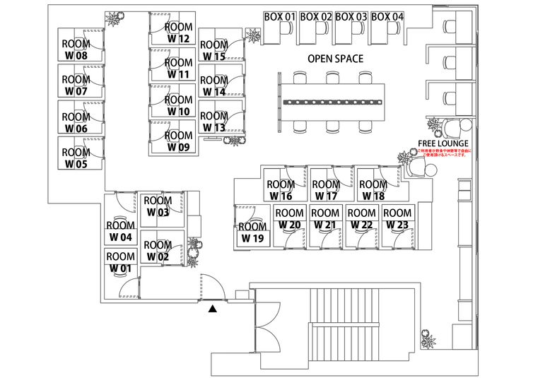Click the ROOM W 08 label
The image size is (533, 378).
[76, 49]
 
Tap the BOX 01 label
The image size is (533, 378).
[279, 16]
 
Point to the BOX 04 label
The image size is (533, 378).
[387, 16]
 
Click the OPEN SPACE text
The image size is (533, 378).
[335, 59]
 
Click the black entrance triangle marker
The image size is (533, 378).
[212, 307]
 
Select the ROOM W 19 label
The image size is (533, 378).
[252, 232]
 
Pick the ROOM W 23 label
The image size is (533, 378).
[397, 218]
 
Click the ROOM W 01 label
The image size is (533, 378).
[120, 262]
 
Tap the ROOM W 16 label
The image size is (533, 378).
[281, 190]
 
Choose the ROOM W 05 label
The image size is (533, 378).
[76, 158]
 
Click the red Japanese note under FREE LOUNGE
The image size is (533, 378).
[443, 153]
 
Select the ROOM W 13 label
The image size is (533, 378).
[213, 122]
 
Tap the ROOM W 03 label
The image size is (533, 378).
[158, 206]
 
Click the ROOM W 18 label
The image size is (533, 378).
[373, 190]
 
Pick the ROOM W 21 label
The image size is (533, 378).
[325, 218]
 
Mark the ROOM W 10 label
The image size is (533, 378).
[179, 105]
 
